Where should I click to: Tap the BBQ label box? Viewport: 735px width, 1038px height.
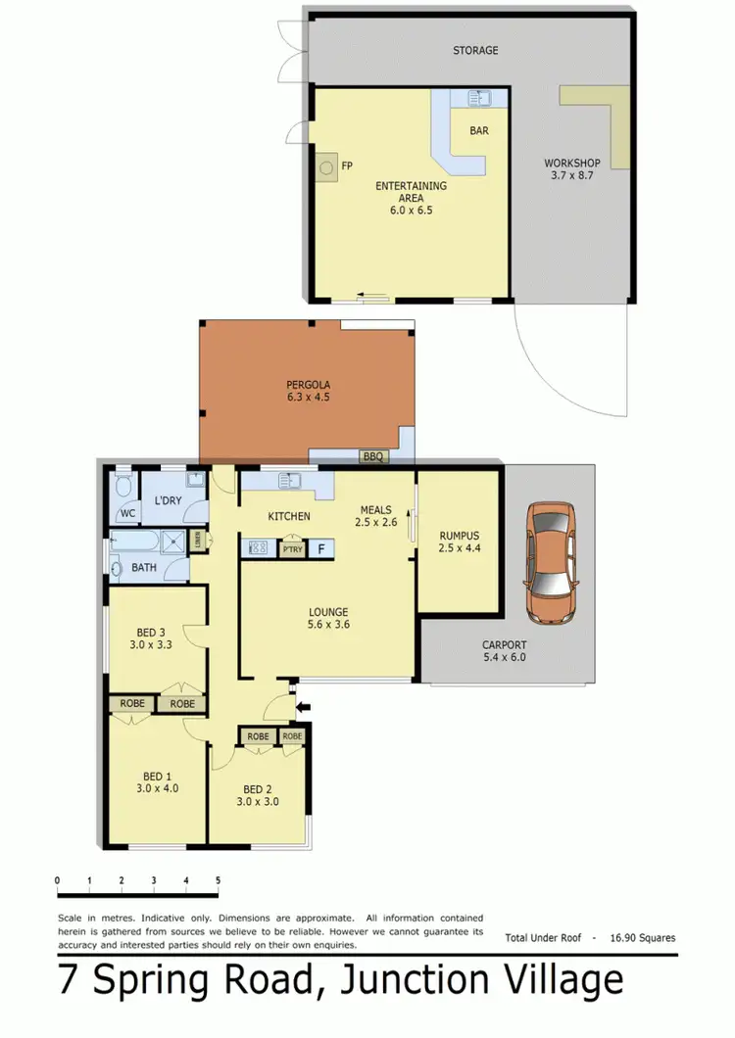click(x=370, y=456)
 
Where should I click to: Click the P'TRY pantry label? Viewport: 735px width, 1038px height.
click(x=292, y=549)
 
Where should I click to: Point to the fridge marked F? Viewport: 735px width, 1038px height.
click(x=320, y=548)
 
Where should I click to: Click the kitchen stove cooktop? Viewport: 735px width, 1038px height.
click(x=260, y=548)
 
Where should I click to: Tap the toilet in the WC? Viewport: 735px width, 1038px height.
click(x=122, y=487)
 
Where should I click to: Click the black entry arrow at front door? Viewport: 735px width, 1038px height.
click(x=302, y=704)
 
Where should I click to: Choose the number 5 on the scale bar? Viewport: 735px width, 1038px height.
click(x=218, y=880)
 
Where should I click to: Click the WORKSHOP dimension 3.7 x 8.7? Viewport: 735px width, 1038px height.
click(x=572, y=175)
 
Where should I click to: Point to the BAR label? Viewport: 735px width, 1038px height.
click(x=479, y=129)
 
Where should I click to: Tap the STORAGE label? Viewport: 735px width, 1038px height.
click(x=475, y=50)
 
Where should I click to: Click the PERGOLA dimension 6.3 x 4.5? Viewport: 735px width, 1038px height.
click(x=306, y=399)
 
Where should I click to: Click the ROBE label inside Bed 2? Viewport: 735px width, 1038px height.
click(x=259, y=736)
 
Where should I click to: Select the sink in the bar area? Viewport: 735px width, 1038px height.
click(x=481, y=98)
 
